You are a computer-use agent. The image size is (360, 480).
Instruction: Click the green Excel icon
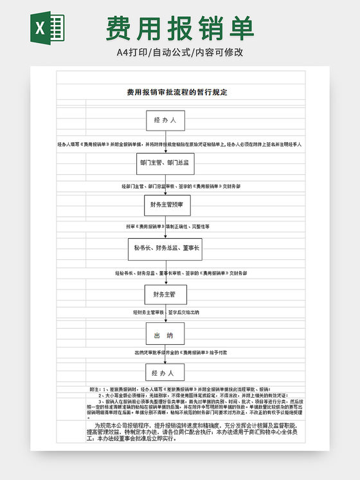[x=47, y=28]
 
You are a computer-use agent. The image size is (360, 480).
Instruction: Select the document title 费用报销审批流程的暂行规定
[x=177, y=93]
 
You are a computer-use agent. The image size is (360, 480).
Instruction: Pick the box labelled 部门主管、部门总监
[x=165, y=163]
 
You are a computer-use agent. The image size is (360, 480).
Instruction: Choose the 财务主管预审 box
[x=167, y=205]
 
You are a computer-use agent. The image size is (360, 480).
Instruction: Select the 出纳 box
[x=164, y=335]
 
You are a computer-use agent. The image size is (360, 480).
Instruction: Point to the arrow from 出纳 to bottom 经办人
[x=165, y=354]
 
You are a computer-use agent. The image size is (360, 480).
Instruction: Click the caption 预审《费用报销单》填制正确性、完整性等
[x=168, y=226]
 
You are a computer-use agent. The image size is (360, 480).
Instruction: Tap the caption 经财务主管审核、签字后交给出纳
[x=166, y=313]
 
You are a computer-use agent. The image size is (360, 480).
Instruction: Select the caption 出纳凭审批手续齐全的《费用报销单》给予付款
[x=181, y=353]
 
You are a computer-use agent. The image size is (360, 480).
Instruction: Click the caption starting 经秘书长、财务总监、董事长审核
[x=181, y=273]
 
